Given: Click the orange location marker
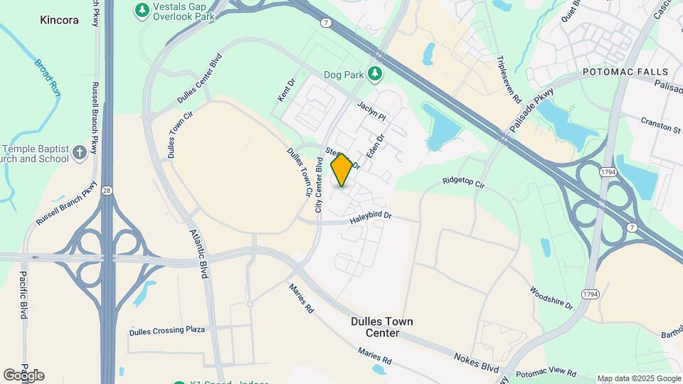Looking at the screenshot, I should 342,170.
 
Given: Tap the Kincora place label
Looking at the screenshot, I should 59,21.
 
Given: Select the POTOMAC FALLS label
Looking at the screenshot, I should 625,73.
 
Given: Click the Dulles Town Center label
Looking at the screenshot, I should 382,327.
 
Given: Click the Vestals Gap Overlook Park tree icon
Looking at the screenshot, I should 142,10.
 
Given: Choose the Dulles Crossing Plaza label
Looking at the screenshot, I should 167,331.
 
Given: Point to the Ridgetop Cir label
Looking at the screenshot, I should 463,183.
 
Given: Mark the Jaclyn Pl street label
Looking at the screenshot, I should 372,110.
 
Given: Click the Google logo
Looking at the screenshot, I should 23,375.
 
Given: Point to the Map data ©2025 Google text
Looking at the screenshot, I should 639,378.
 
